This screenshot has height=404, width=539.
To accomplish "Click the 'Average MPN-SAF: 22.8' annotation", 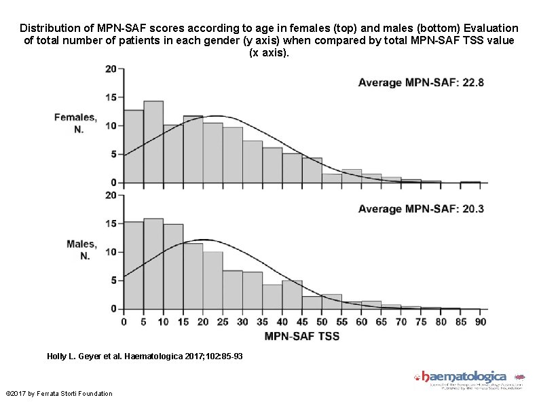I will (x=421, y=83).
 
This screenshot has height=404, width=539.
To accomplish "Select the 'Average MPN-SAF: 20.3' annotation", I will (x=421, y=209).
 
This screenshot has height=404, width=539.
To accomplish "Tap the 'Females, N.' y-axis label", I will (x=80, y=123).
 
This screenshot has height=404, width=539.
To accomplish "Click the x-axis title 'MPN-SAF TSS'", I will (x=301, y=335).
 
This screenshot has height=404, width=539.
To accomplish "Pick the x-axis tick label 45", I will (x=302, y=322).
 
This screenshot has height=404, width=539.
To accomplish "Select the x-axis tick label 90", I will (x=481, y=322).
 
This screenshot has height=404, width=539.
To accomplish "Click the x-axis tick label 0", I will (x=124, y=322).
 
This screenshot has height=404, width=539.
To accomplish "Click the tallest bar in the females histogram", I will (x=153, y=142).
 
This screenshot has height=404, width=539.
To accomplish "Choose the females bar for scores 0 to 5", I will (x=134, y=146).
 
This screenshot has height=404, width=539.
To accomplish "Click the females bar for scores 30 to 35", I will (x=253, y=162).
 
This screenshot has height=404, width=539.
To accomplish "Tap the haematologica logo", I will (x=468, y=378).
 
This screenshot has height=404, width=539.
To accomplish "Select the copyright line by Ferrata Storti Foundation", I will (x=58, y=394).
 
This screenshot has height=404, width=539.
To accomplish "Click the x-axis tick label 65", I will (x=382, y=322).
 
